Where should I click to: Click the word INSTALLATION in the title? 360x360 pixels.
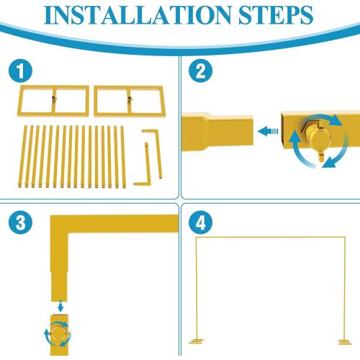(x=138, y=15)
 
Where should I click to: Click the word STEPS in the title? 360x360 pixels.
(x=276, y=15)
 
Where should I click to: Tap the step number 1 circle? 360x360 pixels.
(x=20, y=71)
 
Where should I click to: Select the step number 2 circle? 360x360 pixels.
(x=200, y=71)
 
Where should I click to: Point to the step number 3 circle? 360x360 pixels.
(x=20, y=222)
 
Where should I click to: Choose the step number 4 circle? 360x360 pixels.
(x=200, y=222)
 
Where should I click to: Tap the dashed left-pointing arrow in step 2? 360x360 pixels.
(x=268, y=131)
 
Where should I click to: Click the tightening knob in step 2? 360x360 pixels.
(x=318, y=139)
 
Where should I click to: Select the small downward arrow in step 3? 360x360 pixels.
(x=60, y=306)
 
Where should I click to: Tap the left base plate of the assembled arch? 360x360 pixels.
(x=197, y=341)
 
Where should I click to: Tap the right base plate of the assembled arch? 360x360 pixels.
(x=345, y=342)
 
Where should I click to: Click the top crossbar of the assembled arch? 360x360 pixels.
(x=271, y=238)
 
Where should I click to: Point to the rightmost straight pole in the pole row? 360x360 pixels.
(x=123, y=157)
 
